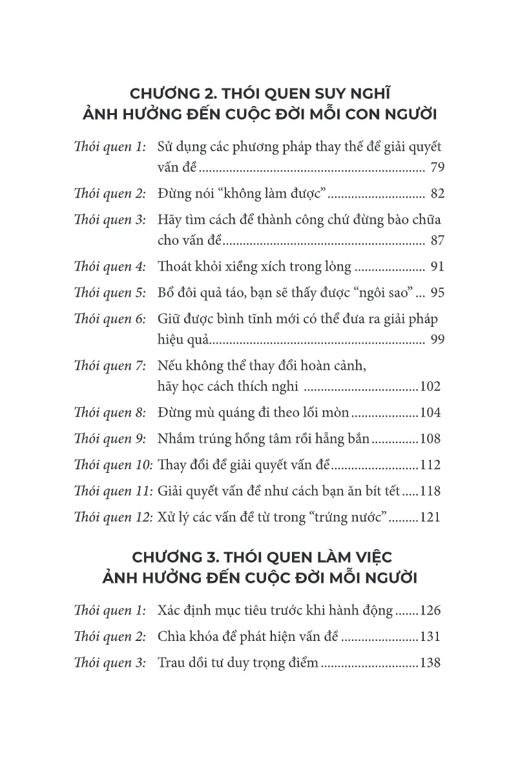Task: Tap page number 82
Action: pos(437,194)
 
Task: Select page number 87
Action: pos(437,242)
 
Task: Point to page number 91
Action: pos(437,266)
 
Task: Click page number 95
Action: pos(437,293)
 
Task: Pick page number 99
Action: pos(437,340)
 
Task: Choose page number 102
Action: pos(430,388)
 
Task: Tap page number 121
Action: pos(430,517)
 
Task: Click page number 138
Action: pos(430,662)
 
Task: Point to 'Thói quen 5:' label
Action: pos(110,293)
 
